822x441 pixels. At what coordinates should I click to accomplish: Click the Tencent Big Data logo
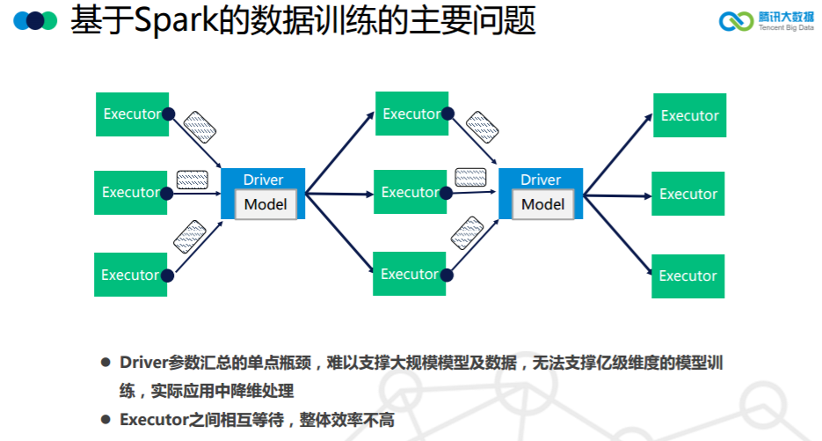[x=767, y=21]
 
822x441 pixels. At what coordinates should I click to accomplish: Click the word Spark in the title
[x=176, y=20]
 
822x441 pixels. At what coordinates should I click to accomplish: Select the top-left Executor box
[x=132, y=114]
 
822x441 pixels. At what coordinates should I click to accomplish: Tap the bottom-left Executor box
[x=130, y=275]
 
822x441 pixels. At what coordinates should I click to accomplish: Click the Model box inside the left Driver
[x=266, y=204]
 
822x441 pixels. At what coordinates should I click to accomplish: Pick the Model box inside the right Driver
[x=543, y=204]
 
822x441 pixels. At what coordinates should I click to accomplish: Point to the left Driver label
[x=263, y=180]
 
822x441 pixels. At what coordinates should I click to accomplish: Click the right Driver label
[x=541, y=180]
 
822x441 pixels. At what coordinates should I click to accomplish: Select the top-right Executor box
[x=689, y=115]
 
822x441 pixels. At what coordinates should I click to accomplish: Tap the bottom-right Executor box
[x=687, y=276]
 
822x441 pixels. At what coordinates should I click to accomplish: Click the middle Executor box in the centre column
[x=410, y=192]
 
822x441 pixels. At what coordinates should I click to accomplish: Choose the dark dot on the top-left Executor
[x=168, y=114]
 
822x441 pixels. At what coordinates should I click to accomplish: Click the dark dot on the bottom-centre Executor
[x=447, y=276]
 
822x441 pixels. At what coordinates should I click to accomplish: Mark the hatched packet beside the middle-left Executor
[x=193, y=180]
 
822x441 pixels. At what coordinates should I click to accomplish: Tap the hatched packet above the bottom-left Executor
[x=190, y=236]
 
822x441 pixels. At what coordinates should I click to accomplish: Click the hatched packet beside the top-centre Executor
[x=483, y=127]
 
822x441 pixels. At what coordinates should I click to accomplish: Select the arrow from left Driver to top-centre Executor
[x=339, y=153]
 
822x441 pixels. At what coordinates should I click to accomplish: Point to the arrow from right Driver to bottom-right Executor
[x=618, y=235]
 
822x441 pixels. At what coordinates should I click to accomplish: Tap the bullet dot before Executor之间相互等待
[x=105, y=420]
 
